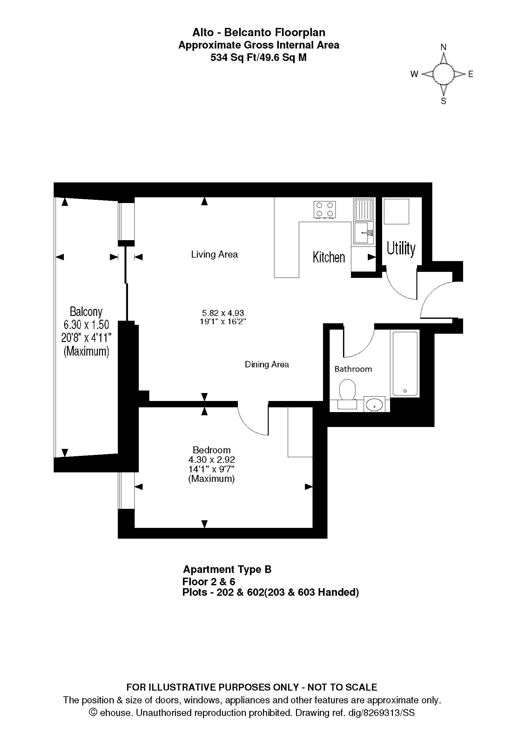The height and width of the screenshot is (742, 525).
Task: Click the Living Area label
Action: tap(214, 255)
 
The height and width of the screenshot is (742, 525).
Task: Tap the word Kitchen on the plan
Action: tap(329, 257)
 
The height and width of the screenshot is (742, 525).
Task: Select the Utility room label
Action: tap(401, 248)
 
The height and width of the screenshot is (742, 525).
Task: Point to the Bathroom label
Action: tap(353, 369)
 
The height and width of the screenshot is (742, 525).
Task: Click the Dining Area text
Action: tap(267, 364)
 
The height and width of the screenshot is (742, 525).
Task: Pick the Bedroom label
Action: tap(212, 450)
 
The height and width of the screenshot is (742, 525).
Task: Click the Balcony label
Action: tap(86, 312)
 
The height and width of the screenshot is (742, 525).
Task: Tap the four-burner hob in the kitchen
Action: tap(325, 209)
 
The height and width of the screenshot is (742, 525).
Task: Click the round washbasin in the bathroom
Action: tap(374, 404)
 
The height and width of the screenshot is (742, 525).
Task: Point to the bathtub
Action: tap(405, 363)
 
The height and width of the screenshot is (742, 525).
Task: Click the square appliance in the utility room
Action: tap(396, 211)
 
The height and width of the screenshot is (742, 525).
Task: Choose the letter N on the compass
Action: tap(443, 47)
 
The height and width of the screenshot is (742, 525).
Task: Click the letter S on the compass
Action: tap(443, 101)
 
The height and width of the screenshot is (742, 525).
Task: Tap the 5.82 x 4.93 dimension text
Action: tap(223, 313)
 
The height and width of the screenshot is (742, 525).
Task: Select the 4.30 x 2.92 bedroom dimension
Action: tap(212, 460)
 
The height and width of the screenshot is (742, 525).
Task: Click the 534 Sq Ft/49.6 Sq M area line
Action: tap(259, 57)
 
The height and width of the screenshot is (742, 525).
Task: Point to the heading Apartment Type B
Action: tap(227, 569)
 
